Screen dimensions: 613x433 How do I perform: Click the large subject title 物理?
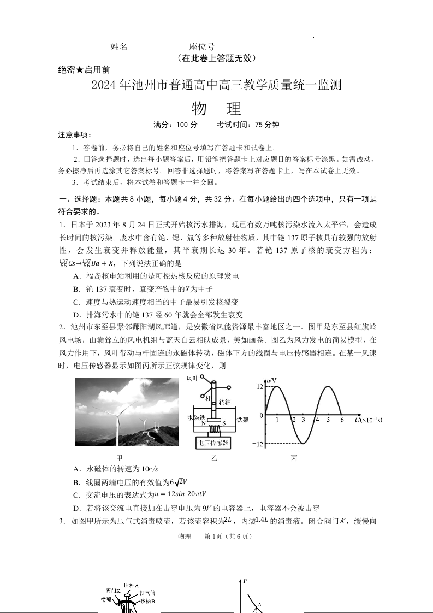click(x=217, y=109)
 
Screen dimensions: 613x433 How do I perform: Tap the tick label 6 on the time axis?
click(x=341, y=420)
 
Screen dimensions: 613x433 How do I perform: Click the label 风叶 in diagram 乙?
click(x=193, y=378)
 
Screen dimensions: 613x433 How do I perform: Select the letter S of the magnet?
click(x=223, y=423)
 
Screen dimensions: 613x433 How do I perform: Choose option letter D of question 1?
click(x=76, y=315)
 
